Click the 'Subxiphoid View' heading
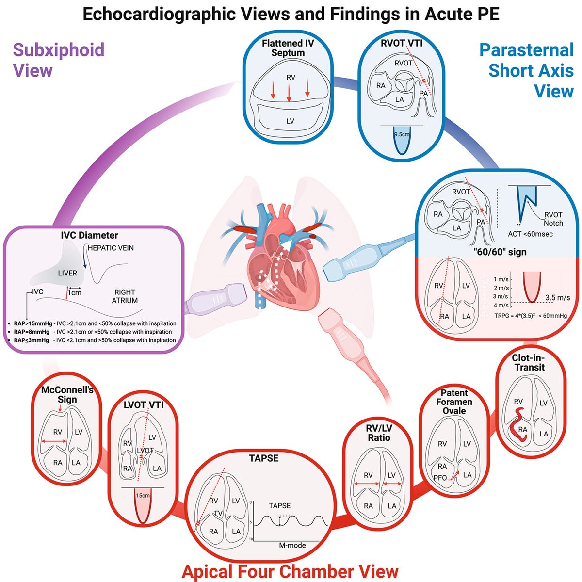(58, 60)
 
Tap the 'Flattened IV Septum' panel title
(288, 48)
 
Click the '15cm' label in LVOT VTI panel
(143, 496)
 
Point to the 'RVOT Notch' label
(553, 219)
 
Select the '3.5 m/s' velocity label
(557, 298)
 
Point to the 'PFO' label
(440, 478)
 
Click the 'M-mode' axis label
(292, 545)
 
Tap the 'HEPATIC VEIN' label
(111, 248)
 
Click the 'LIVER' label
(67, 273)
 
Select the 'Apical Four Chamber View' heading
(290, 571)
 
